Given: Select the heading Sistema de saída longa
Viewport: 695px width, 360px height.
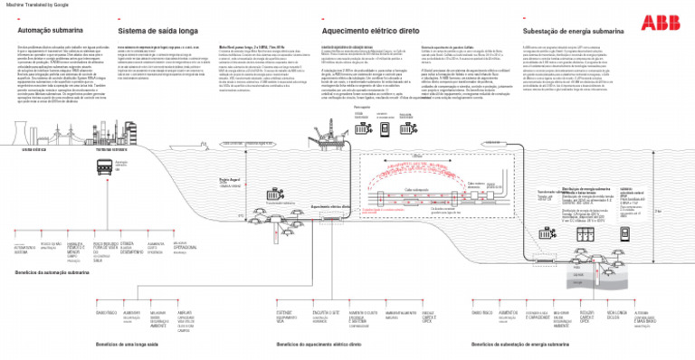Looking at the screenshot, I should pyautogui.click(x=158, y=30).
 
